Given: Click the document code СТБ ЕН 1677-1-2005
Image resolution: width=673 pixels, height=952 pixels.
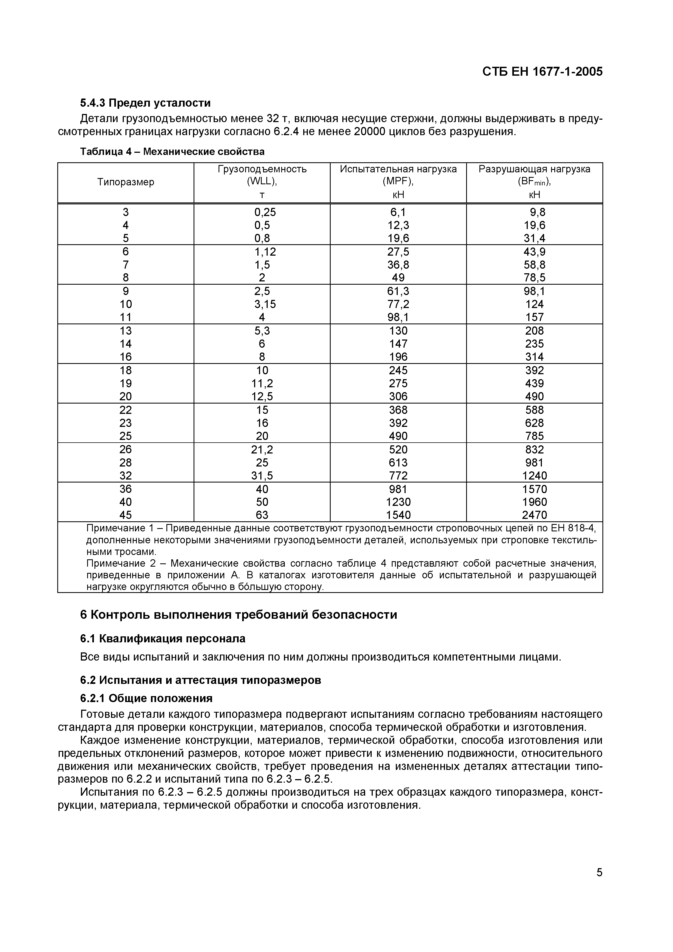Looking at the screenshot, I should pyautogui.click(x=542, y=72).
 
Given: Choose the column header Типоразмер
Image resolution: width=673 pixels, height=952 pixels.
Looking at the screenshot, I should pyautogui.click(x=126, y=182).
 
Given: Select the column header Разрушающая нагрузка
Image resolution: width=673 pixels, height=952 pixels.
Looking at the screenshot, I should pyautogui.click(x=535, y=169).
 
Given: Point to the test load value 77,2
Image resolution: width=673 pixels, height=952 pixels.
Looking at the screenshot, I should pyautogui.click(x=398, y=304).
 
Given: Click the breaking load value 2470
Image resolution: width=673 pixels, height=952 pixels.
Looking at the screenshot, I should pyautogui.click(x=535, y=515).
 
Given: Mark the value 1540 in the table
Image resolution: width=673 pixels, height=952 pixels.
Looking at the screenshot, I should pyautogui.click(x=398, y=515).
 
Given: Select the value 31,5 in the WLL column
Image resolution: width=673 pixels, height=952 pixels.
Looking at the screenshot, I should pyautogui.click(x=262, y=475).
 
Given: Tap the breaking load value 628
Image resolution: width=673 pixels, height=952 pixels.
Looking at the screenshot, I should pyautogui.click(x=535, y=423).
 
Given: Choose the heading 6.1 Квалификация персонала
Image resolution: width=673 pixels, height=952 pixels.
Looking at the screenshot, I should pyautogui.click(x=163, y=639).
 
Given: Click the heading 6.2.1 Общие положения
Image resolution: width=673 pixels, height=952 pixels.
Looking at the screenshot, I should pyautogui.click(x=146, y=699).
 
